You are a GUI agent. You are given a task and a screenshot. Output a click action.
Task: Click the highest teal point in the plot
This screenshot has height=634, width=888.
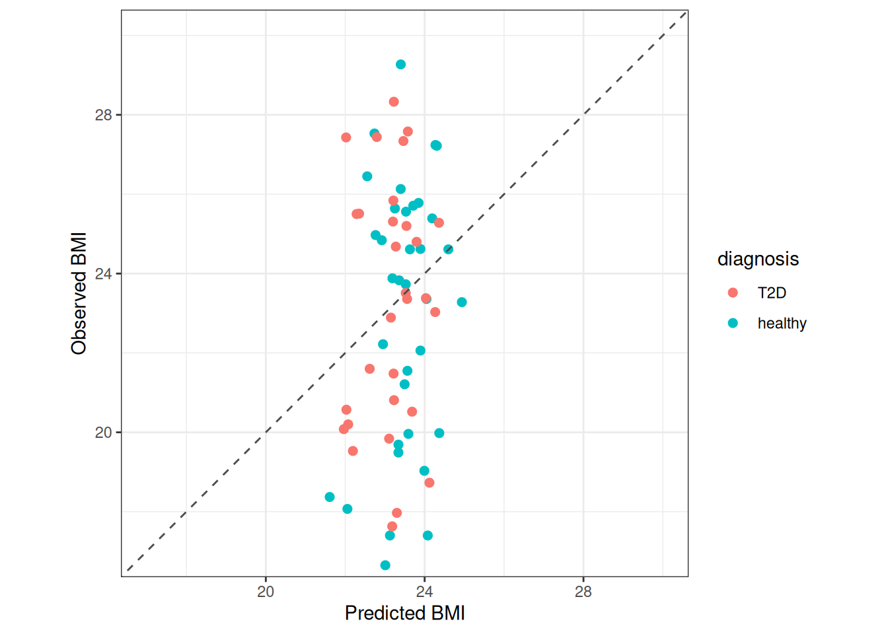[400, 65]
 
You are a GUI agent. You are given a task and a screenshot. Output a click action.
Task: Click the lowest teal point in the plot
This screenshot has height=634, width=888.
[385, 565]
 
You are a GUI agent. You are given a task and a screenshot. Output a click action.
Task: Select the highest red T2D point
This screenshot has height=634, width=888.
[394, 102]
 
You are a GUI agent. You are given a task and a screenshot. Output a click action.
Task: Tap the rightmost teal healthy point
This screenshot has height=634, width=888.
[462, 302]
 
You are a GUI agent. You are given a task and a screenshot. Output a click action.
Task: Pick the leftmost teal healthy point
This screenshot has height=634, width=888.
[330, 497]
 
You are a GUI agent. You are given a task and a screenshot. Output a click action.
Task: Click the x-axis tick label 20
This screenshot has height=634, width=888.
[266, 592]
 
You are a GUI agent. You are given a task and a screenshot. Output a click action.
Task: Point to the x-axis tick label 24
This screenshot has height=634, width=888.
[424, 592]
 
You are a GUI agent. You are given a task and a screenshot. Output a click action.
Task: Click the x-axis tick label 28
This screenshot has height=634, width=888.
[583, 592]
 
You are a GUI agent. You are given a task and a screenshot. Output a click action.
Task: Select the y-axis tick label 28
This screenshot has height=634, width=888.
[104, 116]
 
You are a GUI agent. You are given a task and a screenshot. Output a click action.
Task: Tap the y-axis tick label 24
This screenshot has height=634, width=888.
[104, 274]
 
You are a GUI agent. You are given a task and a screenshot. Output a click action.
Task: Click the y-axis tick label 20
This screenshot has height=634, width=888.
[104, 433]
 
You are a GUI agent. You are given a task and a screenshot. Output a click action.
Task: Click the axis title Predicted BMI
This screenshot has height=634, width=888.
[404, 614]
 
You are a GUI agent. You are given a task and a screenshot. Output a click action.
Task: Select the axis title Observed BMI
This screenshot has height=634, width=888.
[79, 293]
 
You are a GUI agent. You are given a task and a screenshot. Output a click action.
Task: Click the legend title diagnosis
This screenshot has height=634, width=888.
[758, 259]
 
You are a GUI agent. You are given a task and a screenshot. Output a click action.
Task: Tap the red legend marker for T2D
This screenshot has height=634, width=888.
[733, 293]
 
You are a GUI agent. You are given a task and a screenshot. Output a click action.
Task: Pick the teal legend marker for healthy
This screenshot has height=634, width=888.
[733, 323]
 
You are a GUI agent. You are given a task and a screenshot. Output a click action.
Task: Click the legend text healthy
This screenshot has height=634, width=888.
[782, 324]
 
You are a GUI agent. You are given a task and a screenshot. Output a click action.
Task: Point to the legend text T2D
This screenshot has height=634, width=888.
[772, 293]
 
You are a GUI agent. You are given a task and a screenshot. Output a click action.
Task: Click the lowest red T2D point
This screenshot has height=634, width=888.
[392, 526]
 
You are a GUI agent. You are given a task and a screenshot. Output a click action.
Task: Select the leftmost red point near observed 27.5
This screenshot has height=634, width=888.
[346, 137]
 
